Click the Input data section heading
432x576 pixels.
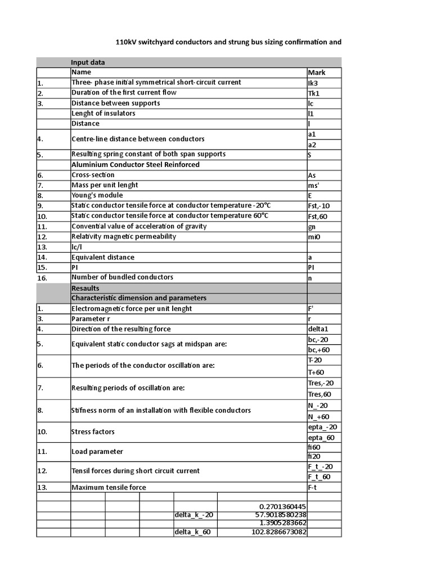[88, 62]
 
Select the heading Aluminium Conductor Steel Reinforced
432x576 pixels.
[136, 165]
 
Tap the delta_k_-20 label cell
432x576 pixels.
[194, 515]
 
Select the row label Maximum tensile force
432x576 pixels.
[109, 487]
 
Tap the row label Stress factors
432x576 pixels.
[93, 432]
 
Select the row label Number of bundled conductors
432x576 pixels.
[122, 277]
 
